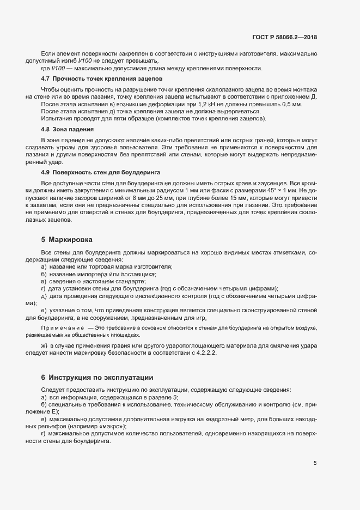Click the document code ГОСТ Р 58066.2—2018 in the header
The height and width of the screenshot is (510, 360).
tap(284, 37)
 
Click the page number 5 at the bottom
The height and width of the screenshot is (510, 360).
tap(315, 463)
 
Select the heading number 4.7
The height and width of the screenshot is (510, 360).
tap(46, 79)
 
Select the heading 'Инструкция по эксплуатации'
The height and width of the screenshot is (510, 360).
tap(101, 377)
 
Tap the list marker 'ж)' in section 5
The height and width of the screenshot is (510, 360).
tap(44, 346)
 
